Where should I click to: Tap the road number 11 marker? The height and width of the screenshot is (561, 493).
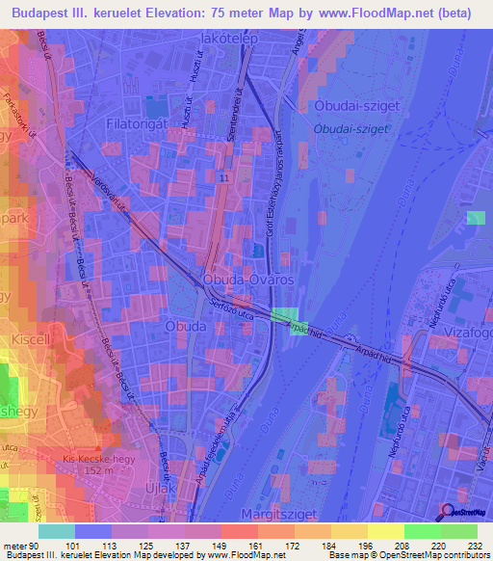(x=223, y=179)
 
